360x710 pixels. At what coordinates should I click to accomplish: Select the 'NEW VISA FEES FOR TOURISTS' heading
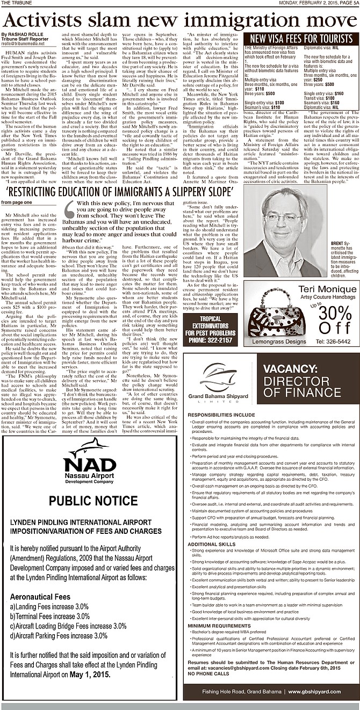click(x=301, y=39)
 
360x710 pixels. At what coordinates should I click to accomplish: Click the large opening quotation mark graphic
click(x=70, y=207)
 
